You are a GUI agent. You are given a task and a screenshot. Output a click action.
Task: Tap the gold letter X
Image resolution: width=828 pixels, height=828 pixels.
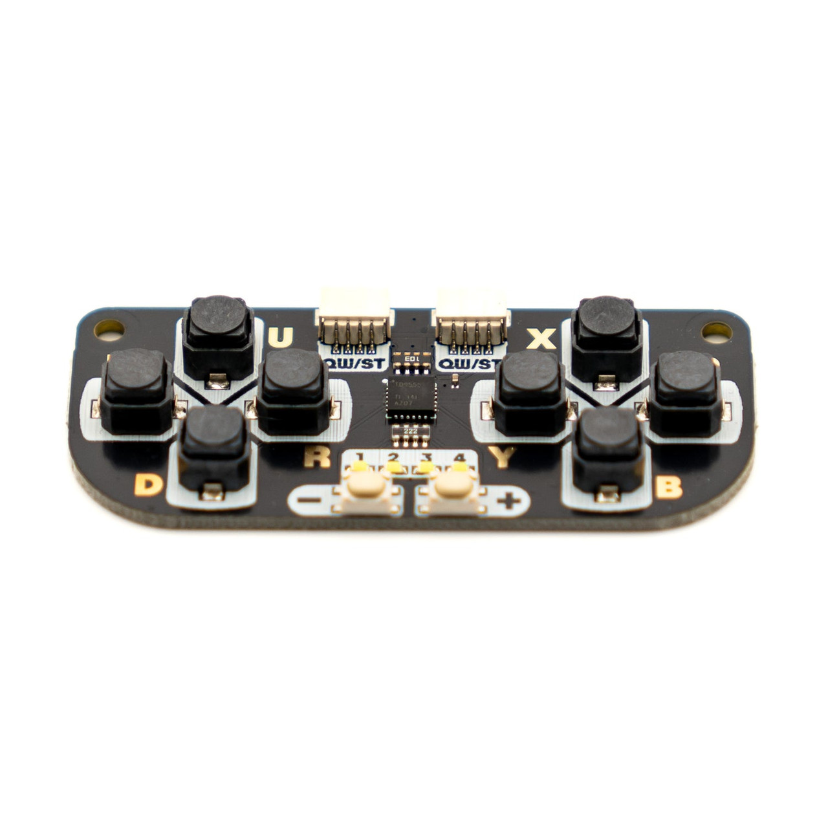541,338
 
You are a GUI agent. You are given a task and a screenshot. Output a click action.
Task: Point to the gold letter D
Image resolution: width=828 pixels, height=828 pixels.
148,485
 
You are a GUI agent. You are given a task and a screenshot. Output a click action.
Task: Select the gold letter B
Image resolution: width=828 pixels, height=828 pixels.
668,487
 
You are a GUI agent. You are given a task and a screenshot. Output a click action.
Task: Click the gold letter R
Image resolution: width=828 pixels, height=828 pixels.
317,457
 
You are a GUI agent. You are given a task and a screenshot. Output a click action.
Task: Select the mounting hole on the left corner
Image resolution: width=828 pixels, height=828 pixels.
109,327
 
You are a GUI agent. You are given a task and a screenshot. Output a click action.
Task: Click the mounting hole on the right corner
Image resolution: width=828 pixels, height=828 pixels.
716,332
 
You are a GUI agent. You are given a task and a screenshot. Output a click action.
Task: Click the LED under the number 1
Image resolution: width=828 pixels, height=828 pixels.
360,467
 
